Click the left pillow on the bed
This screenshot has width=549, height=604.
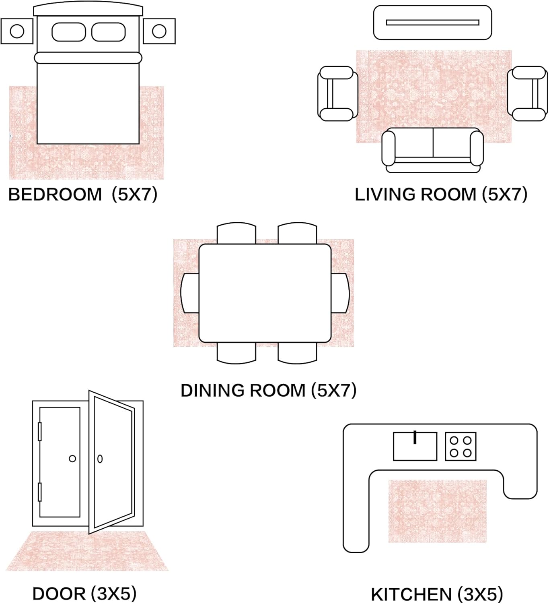(x=69, y=32)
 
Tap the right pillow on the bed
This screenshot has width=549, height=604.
(x=108, y=32)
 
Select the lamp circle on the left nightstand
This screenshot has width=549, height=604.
(x=17, y=31)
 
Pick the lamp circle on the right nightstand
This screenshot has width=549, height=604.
(x=159, y=31)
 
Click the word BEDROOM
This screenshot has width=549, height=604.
(x=55, y=194)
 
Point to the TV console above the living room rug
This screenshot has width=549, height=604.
(x=433, y=22)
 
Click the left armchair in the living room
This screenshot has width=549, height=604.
(x=337, y=94)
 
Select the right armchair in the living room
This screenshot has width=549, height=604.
(x=527, y=94)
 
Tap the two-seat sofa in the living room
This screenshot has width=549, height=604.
(x=433, y=150)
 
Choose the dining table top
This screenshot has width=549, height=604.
(x=265, y=293)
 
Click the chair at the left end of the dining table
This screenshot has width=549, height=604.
(x=189, y=293)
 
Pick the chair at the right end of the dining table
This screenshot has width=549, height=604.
(x=340, y=293)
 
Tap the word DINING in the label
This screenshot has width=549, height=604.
(x=213, y=391)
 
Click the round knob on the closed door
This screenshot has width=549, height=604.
(x=72, y=459)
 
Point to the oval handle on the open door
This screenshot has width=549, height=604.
(x=100, y=459)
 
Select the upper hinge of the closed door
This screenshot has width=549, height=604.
(x=40, y=432)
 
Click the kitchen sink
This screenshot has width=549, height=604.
(x=415, y=446)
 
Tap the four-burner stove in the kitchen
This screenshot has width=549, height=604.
(x=461, y=446)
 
